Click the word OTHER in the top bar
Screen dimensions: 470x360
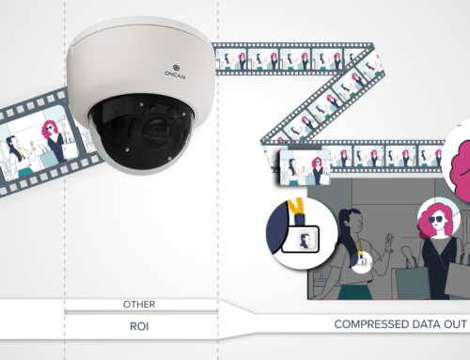pos(138,305)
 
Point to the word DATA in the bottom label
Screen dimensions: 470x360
pos(419,324)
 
